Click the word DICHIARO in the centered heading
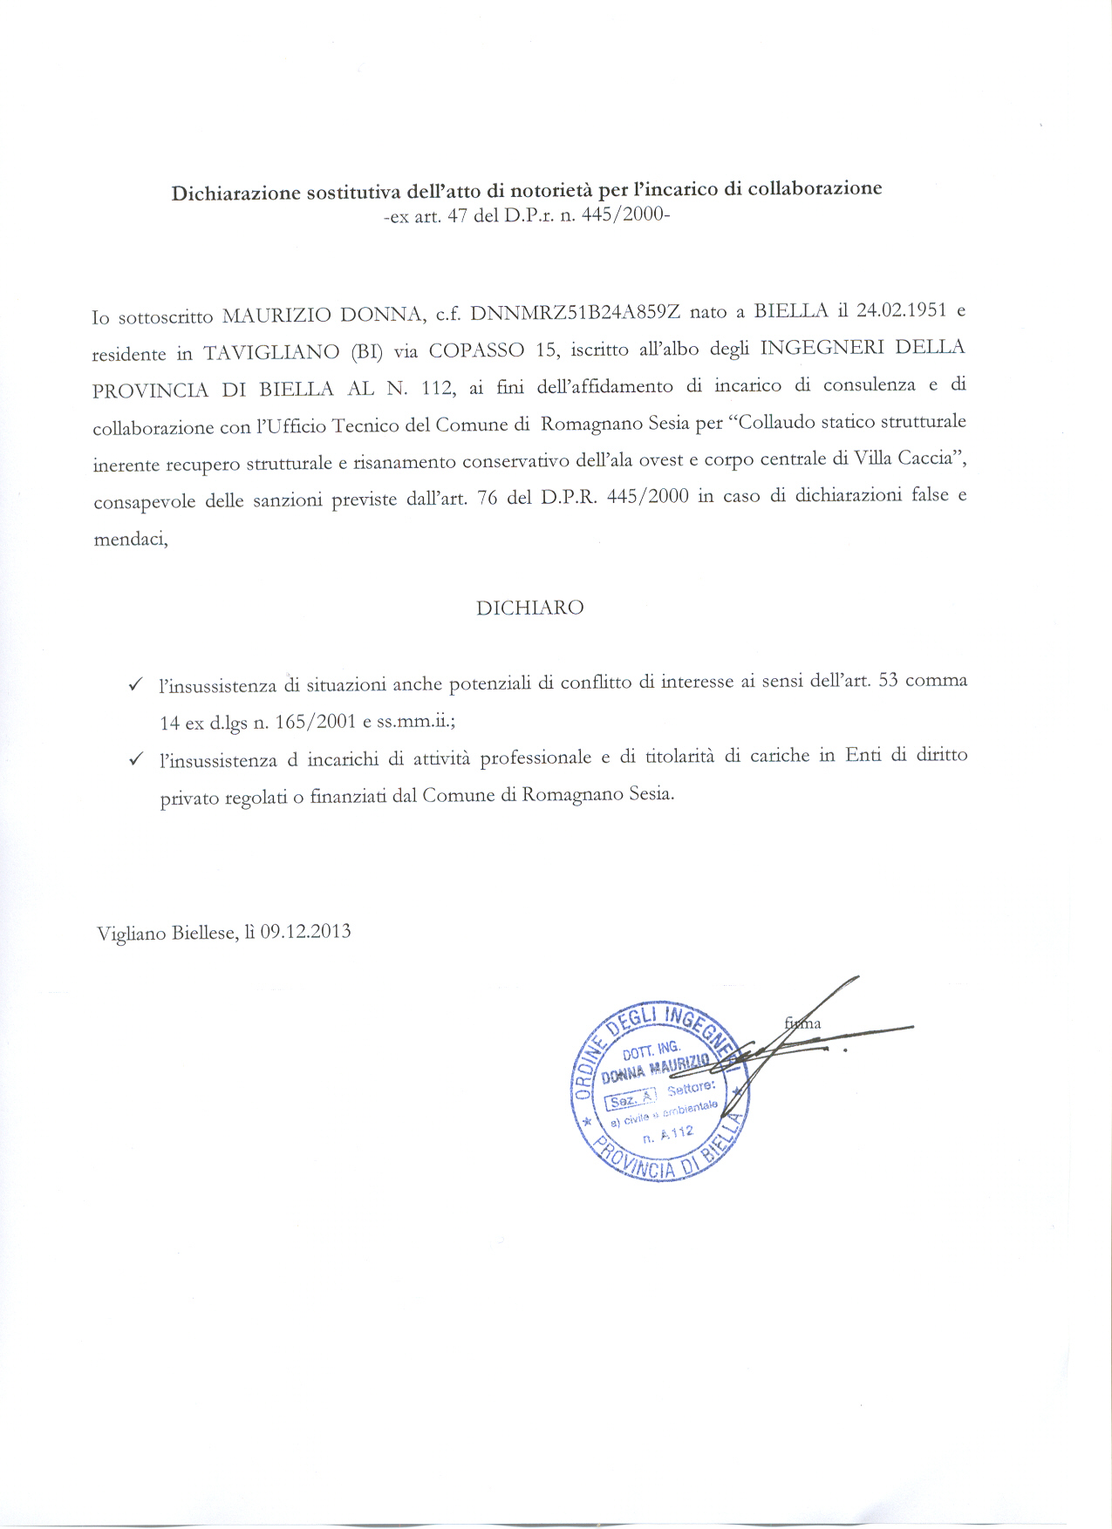529,608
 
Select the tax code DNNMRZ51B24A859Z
575,313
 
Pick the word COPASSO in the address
476,350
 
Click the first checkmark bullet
135,684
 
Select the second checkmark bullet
135,759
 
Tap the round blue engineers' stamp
661,1090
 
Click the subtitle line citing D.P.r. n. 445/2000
527,216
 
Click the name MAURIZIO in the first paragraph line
276,315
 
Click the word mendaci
131,539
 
